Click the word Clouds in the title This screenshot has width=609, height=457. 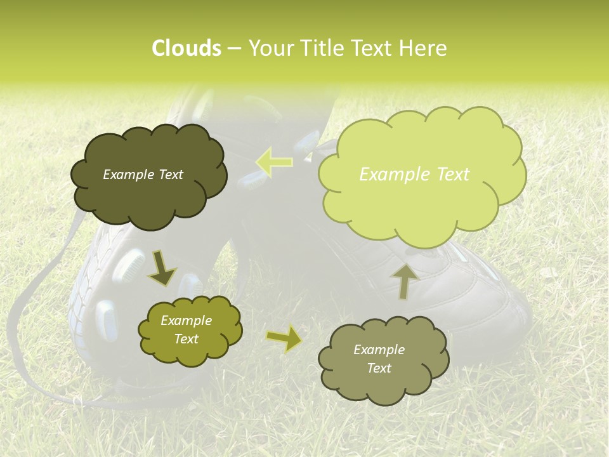coord(186,48)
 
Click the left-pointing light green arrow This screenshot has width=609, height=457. coord(274,162)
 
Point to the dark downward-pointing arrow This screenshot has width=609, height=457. coord(162,268)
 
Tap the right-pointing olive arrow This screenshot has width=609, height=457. coord(284,339)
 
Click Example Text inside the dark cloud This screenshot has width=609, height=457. coord(143,175)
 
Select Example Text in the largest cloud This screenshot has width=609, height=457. coord(414,175)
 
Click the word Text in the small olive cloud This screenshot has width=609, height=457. coord(186,339)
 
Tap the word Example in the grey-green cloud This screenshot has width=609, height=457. coord(379,350)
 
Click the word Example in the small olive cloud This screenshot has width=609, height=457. coord(186,321)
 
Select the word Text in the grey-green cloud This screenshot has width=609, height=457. coord(379,368)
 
